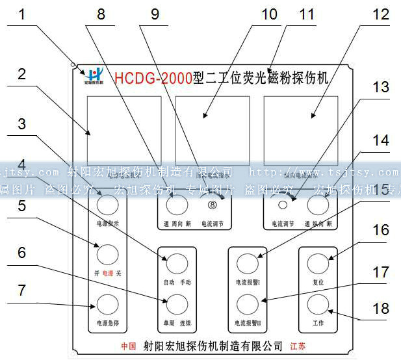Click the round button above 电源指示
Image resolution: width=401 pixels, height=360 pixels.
(107, 206)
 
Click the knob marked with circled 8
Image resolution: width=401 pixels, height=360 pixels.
(212, 206)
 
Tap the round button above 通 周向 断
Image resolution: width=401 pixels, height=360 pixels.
(175, 206)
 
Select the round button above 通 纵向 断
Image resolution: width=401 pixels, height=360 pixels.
(317, 206)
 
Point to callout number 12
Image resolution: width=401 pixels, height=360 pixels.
(381, 14)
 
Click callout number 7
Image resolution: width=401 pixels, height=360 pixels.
(21, 290)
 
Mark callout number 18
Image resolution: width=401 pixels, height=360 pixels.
(381, 307)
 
